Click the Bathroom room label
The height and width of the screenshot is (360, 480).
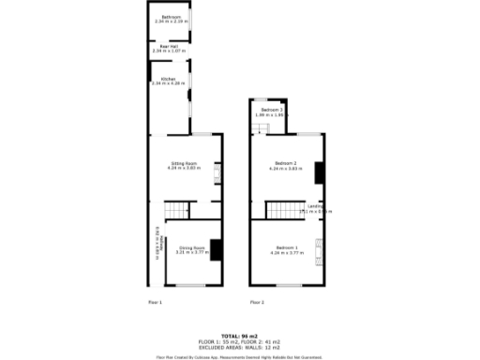point(171,17)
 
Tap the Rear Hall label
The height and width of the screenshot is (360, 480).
point(170,46)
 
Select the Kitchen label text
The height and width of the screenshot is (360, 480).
point(169,79)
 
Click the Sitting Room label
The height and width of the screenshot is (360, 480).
point(183,163)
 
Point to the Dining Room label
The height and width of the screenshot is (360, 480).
point(192,247)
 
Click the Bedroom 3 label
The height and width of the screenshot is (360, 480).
point(271,111)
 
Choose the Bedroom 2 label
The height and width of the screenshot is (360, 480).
point(282,163)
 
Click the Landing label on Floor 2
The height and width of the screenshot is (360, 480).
point(316,207)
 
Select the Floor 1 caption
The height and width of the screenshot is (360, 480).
point(156,302)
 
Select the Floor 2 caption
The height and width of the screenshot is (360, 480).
point(257,302)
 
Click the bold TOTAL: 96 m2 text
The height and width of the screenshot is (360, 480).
point(240,335)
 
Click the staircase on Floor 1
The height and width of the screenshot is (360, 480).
point(178,210)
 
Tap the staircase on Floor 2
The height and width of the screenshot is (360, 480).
point(278,210)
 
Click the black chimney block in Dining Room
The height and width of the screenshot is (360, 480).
point(217,250)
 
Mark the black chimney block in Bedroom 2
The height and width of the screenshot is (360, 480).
point(319,172)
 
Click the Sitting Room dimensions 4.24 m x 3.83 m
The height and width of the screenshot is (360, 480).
point(183,169)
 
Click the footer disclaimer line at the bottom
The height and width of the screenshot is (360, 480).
point(240,356)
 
